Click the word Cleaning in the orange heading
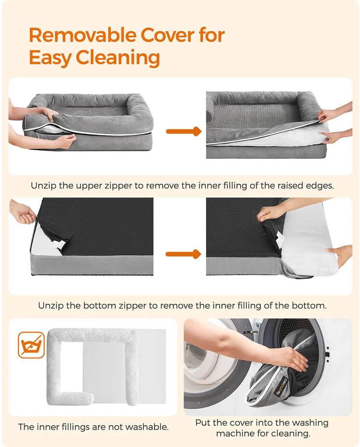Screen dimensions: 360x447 coord(117,58)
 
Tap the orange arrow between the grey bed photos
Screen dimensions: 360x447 coord(184,131)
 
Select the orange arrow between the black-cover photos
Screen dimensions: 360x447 coord(184,254)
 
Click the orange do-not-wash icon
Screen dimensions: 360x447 coord(31,345)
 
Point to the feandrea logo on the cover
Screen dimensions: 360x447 coord(282,387)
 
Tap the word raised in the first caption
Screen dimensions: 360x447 coord(285,186)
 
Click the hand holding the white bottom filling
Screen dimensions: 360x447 coord(340,255)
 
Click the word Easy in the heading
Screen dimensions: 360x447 coord(50,58)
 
